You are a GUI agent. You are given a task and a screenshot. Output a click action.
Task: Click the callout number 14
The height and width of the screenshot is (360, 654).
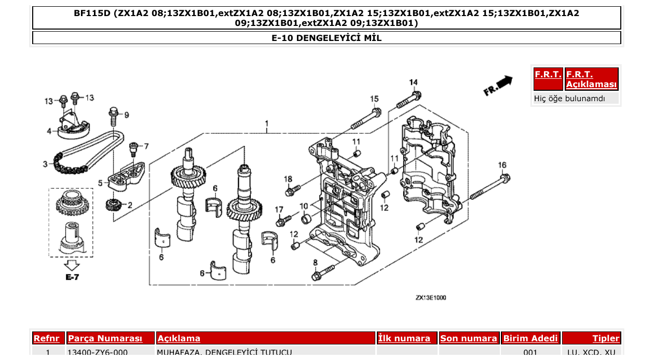[x=413, y=82]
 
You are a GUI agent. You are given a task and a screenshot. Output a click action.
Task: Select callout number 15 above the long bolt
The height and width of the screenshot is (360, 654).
[x=374, y=99]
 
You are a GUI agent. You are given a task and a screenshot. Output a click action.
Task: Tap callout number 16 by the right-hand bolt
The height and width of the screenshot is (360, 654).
[x=502, y=165]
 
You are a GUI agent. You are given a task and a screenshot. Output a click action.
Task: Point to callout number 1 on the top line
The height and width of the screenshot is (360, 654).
[x=266, y=124]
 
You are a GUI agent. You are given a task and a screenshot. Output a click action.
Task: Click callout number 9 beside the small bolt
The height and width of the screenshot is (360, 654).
[x=126, y=115]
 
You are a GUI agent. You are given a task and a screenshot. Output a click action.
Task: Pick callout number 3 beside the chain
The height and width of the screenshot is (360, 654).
[x=45, y=164]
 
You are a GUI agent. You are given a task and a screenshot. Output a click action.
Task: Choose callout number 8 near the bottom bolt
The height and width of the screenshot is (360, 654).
[x=315, y=262]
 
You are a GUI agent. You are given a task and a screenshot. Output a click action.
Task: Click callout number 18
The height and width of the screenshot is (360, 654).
[x=288, y=179]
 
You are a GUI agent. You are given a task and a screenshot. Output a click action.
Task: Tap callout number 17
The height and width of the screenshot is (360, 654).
[x=279, y=210]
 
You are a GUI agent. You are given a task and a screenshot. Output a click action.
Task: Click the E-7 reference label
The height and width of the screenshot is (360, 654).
[x=72, y=277]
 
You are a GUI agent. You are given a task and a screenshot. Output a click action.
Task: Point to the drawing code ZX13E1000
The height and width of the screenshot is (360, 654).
[x=430, y=298]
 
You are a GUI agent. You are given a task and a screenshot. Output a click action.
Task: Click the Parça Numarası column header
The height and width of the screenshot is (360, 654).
[x=105, y=339]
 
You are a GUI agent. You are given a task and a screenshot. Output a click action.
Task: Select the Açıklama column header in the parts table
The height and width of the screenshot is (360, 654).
[x=179, y=339]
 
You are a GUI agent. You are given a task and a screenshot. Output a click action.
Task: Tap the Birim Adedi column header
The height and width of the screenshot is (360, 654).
[x=530, y=339]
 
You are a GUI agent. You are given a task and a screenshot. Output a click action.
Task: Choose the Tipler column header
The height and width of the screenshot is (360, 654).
[x=606, y=339]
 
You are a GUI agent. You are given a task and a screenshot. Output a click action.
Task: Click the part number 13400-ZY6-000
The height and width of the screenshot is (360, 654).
[x=98, y=353]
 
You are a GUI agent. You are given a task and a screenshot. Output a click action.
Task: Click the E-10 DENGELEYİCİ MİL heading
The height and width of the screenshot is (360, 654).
[x=326, y=38]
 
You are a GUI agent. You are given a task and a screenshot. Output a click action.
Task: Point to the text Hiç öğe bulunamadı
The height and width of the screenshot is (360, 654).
[x=569, y=98]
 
